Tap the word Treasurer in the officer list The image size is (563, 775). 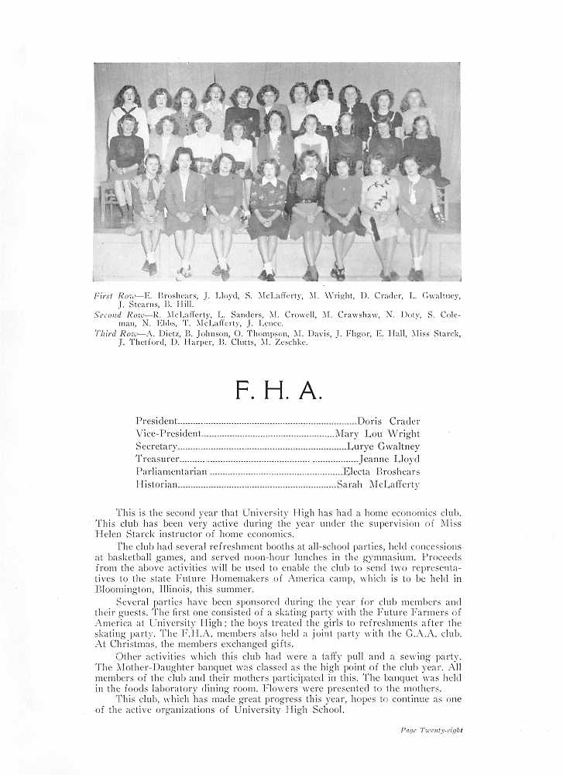pyautogui.click(x=158, y=460)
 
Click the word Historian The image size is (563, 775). pyautogui.click(x=157, y=485)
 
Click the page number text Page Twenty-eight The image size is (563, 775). pyautogui.click(x=431, y=729)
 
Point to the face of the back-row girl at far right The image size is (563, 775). pyautogui.click(x=414, y=99)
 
